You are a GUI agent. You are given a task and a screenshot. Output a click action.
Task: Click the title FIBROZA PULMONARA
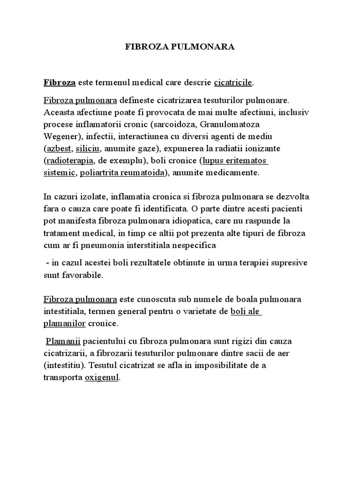coord(180,47)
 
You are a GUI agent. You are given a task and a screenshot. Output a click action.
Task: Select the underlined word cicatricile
coord(233,82)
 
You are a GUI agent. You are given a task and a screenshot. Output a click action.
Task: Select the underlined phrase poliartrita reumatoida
coord(122,173)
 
